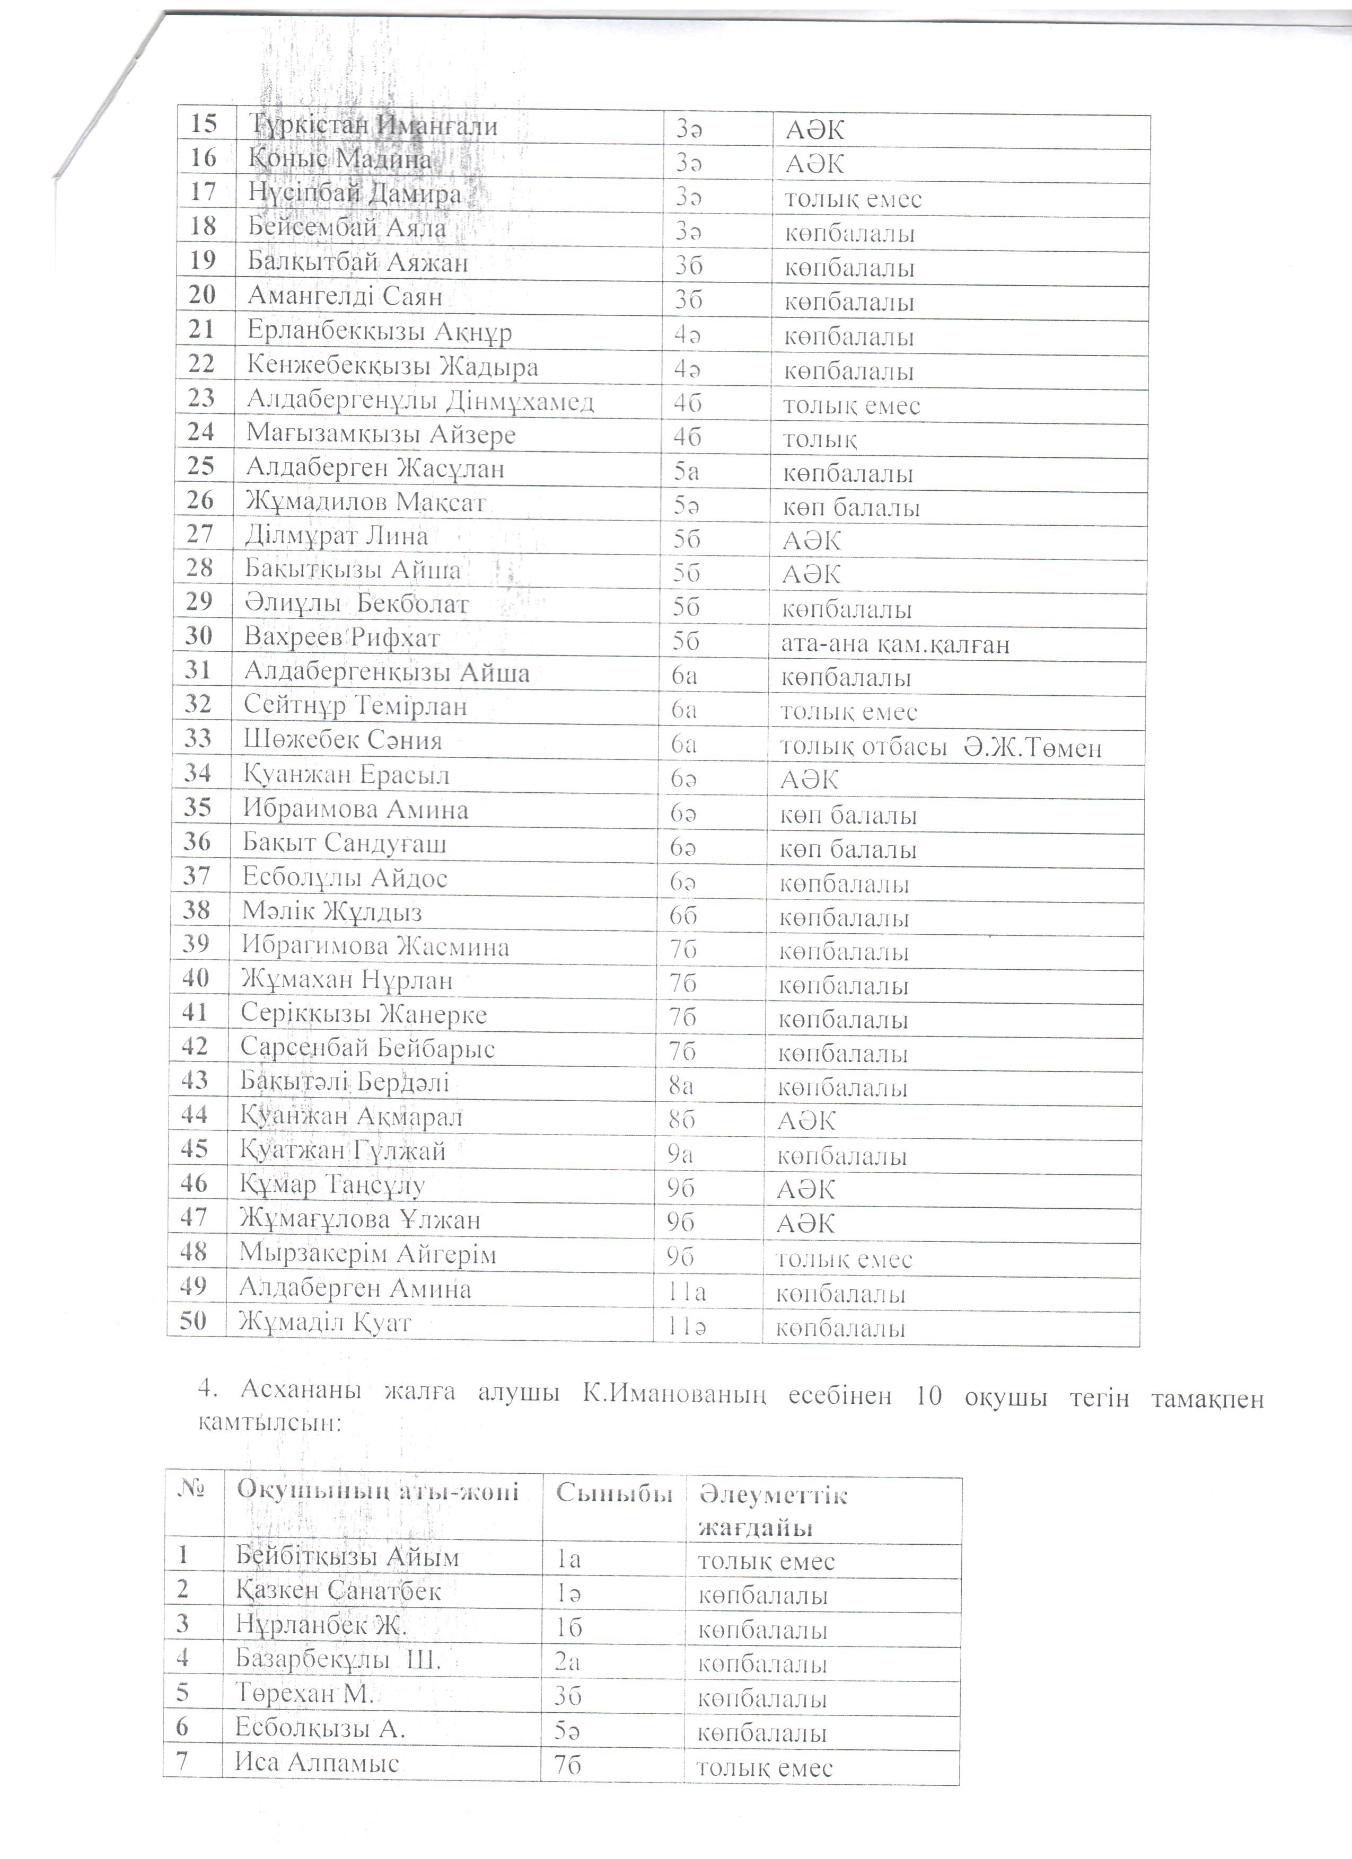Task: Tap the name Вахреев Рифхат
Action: (x=342, y=638)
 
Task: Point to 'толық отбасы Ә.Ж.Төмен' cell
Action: (x=940, y=748)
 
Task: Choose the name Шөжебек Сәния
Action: (x=343, y=741)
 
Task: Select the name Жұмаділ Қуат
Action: (x=324, y=1323)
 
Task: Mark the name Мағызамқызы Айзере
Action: (x=381, y=435)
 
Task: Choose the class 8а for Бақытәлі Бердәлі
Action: (x=681, y=1088)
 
